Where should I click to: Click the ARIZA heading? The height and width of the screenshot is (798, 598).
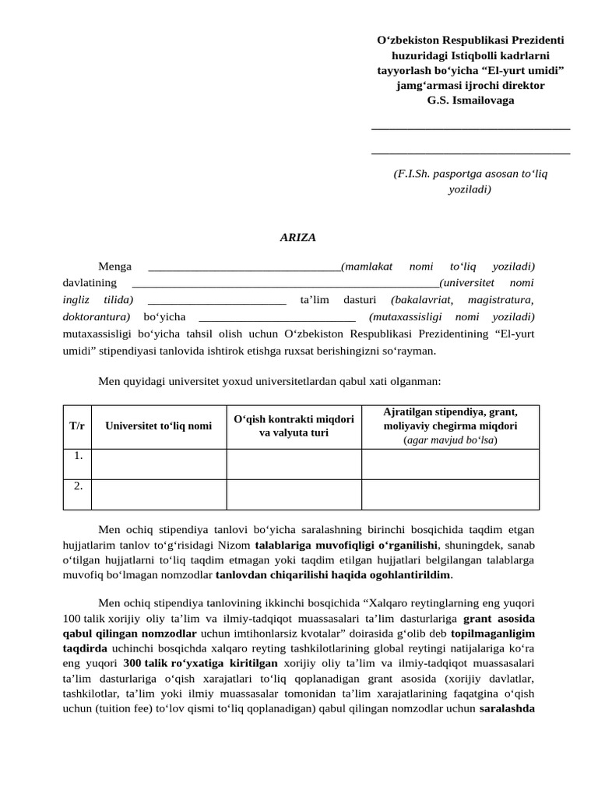[298, 238]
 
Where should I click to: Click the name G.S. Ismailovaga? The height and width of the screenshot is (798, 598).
[470, 100]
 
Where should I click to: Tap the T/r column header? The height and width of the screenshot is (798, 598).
[77, 426]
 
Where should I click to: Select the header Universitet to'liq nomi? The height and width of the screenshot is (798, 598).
[159, 426]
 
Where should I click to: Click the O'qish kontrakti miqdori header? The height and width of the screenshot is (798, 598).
[294, 425]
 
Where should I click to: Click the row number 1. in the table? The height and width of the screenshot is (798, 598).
[78, 456]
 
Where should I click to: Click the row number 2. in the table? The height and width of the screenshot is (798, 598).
[78, 486]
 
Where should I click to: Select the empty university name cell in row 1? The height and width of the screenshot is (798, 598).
[159, 464]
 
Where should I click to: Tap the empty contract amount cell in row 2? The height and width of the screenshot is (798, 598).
[294, 494]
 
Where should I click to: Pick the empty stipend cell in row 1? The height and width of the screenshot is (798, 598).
[450, 464]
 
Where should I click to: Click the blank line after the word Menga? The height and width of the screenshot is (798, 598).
[244, 267]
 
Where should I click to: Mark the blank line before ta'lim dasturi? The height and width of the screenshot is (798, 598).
[216, 300]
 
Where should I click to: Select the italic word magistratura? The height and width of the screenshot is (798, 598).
[501, 300]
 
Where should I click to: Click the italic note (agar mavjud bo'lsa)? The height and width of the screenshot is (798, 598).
[450, 440]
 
